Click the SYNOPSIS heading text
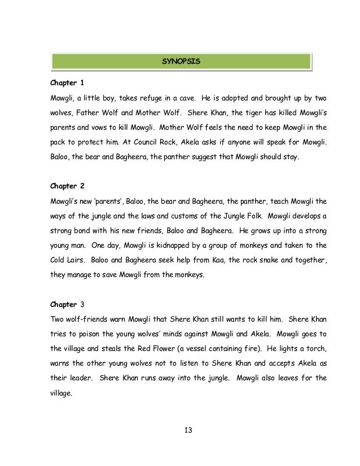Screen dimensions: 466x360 [x=179, y=59]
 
